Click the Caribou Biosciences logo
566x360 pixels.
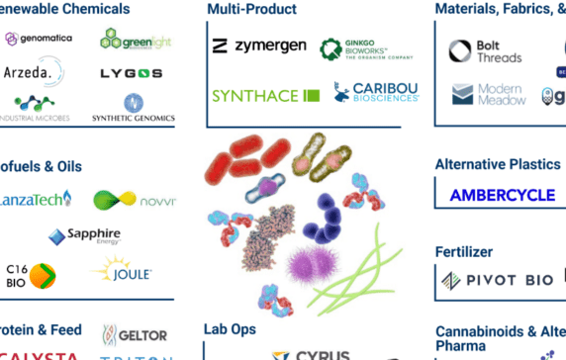click(x=376, y=92)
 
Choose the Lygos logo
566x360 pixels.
click(x=132, y=74)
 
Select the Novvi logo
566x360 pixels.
click(x=135, y=201)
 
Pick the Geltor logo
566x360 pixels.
click(x=135, y=335)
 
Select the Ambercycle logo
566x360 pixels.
click(x=502, y=195)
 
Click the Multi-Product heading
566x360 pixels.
click(x=251, y=9)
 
